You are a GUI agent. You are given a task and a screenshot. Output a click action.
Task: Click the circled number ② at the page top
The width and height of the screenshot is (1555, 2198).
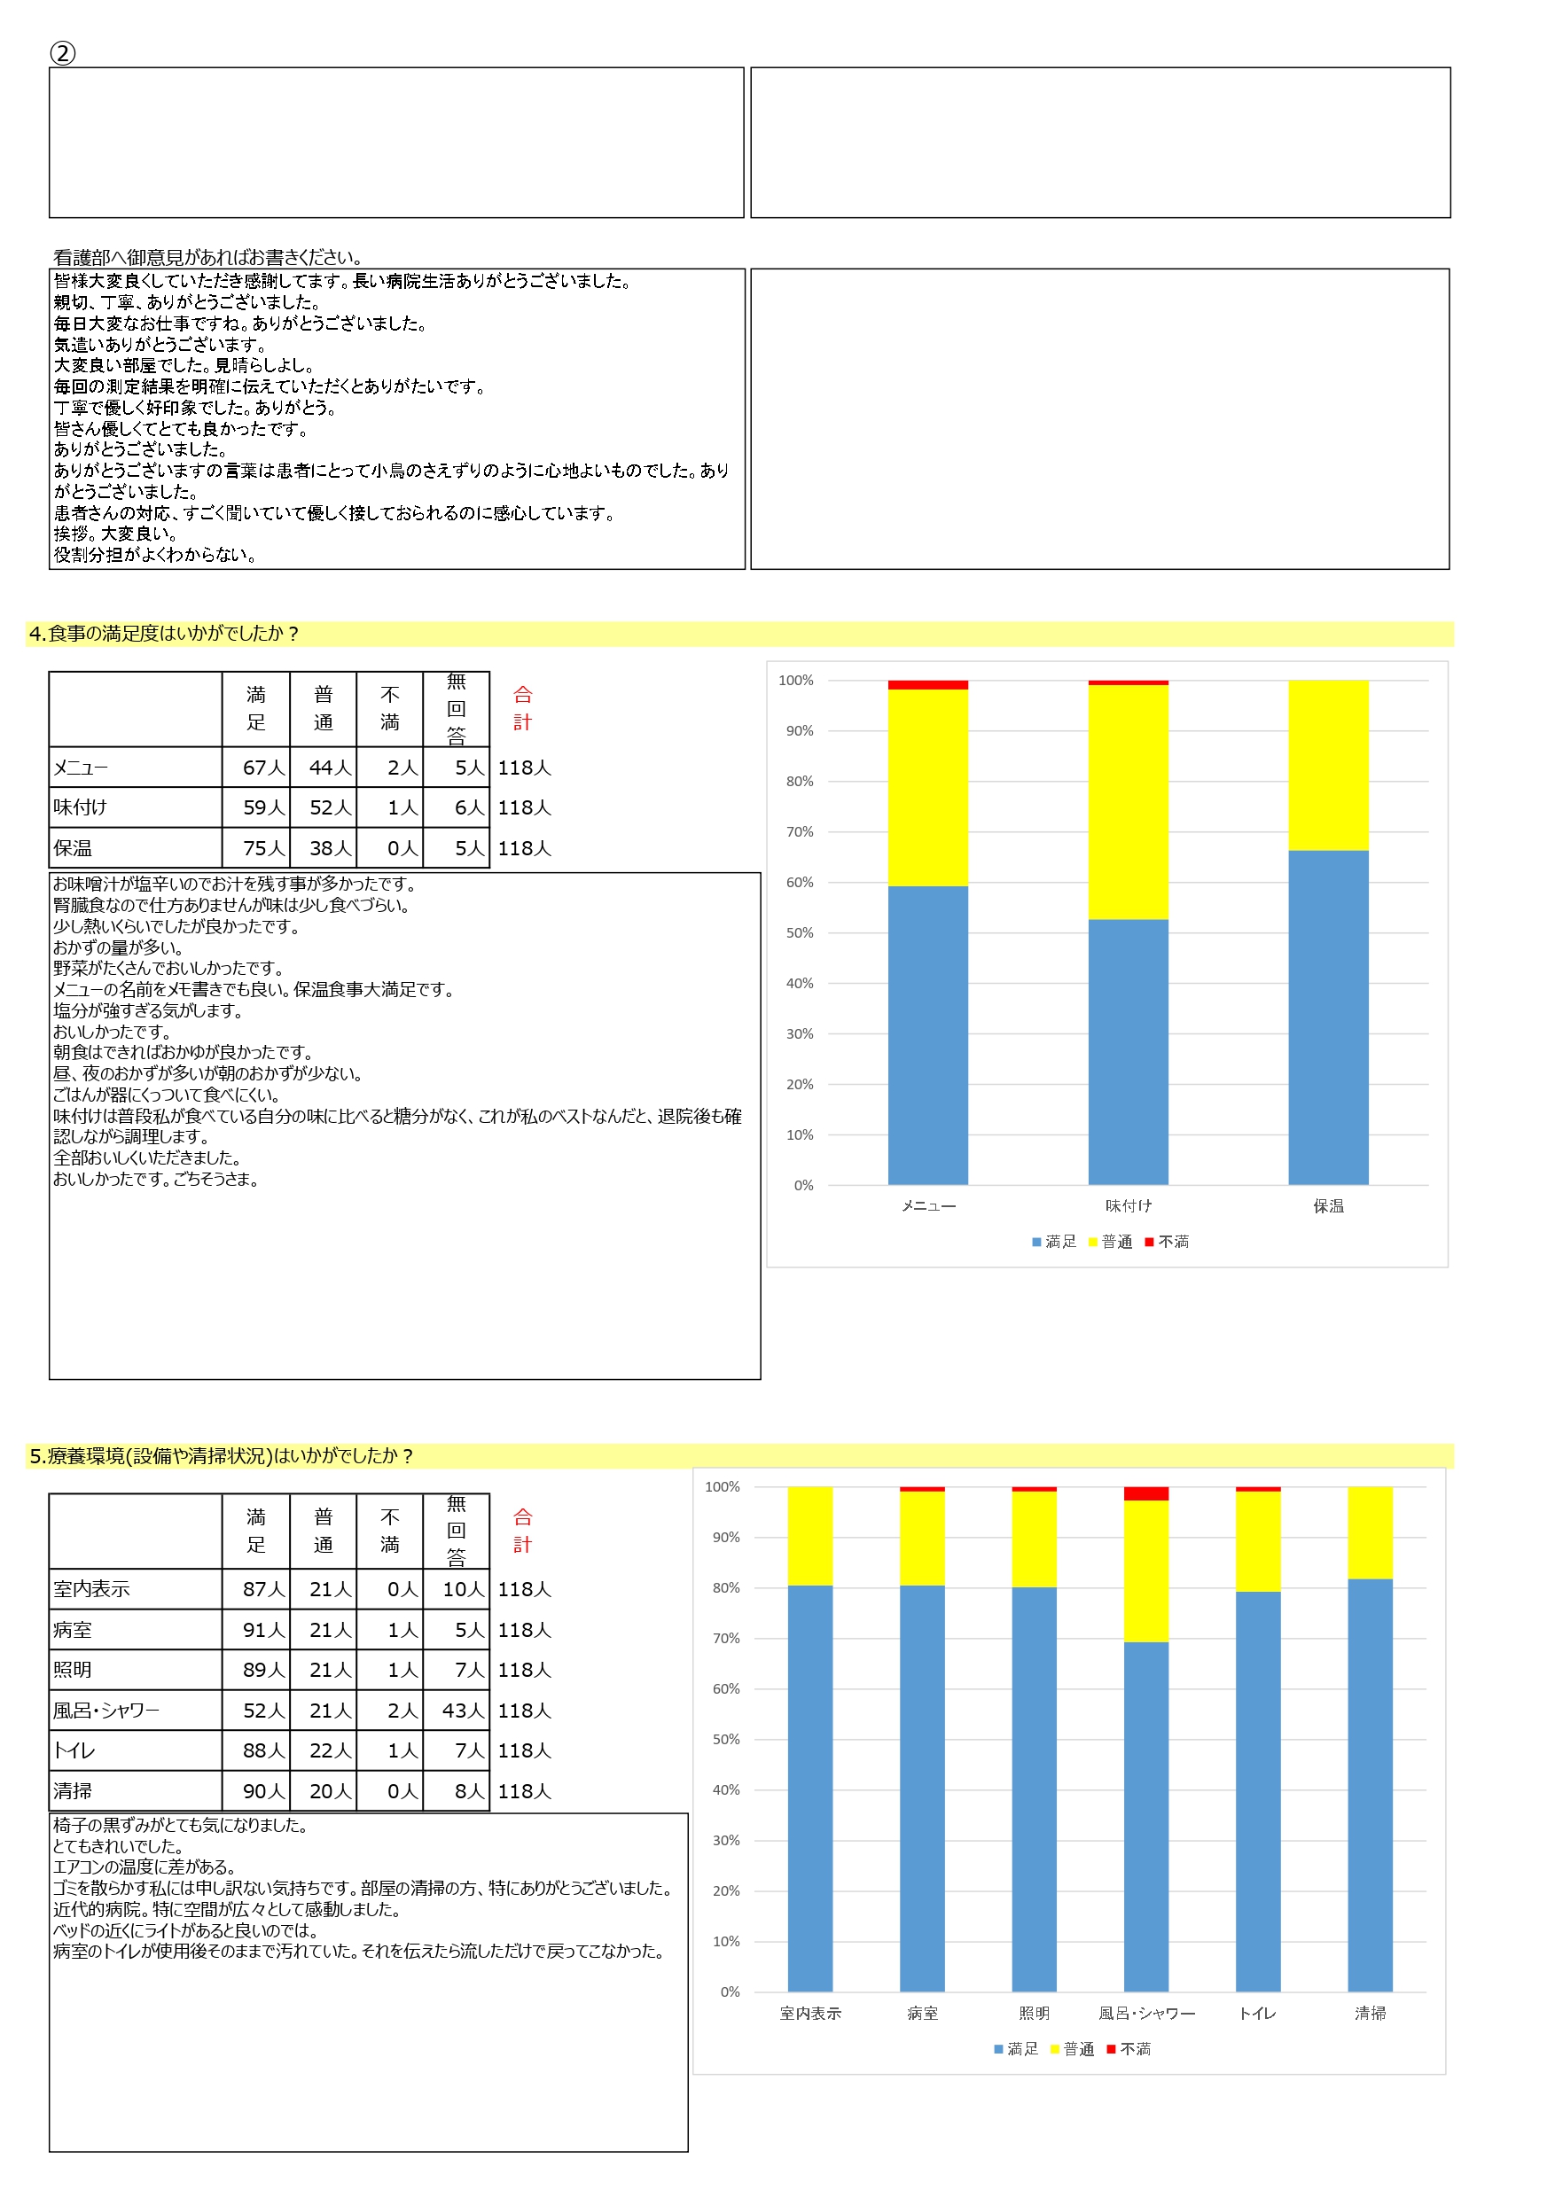pyautogui.click(x=63, y=53)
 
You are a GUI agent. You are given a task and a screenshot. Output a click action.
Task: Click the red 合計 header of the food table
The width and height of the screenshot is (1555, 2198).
pyautogui.click(x=523, y=708)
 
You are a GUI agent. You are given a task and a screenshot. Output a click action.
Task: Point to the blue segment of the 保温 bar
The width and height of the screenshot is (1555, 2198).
pyautogui.click(x=1328, y=1017)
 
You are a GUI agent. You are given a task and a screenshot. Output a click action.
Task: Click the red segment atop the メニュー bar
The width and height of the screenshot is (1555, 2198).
pyautogui.click(x=928, y=685)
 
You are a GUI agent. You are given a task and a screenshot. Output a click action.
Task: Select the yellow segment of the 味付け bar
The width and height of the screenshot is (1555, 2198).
pyautogui.click(x=1128, y=802)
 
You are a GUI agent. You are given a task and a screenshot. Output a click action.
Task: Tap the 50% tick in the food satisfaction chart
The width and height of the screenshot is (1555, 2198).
pyautogui.click(x=800, y=933)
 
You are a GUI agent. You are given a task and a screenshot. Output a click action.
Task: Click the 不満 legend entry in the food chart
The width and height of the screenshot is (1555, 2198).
pyautogui.click(x=1168, y=1242)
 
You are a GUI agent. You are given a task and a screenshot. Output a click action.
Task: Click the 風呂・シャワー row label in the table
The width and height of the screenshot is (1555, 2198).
pyautogui.click(x=106, y=1711)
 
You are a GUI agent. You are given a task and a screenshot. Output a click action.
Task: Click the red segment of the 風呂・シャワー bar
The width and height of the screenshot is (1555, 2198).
pyautogui.click(x=1146, y=1494)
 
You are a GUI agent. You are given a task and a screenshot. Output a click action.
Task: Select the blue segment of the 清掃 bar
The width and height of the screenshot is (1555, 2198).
pyautogui.click(x=1371, y=1785)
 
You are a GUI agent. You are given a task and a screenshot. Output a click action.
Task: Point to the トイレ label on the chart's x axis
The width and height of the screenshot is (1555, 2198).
pyautogui.click(x=1257, y=2014)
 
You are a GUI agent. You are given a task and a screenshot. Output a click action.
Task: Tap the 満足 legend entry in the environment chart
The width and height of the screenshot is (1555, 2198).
pyautogui.click(x=1017, y=2048)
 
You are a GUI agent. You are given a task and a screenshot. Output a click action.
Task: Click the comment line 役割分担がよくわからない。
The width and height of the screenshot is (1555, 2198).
pyautogui.click(x=155, y=555)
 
